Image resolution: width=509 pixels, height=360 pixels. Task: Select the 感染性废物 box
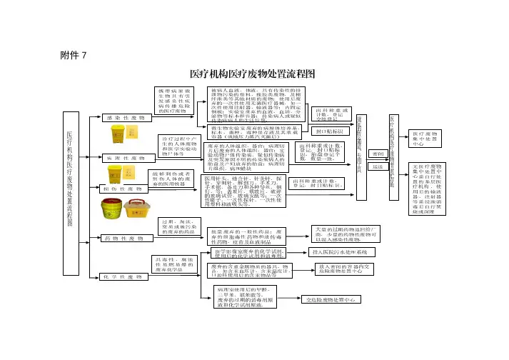click(121, 117)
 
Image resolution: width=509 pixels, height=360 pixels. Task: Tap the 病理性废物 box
click(121, 156)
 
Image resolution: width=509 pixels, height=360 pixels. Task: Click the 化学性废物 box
click(121, 275)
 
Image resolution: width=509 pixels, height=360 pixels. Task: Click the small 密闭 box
click(378, 154)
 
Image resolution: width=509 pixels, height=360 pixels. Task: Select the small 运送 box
click(378, 166)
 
